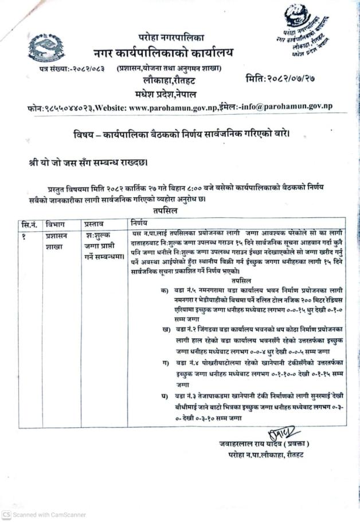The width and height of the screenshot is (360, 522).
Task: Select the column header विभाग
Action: tap(56, 222)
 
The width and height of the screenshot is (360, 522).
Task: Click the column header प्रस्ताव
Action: tap(95, 222)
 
